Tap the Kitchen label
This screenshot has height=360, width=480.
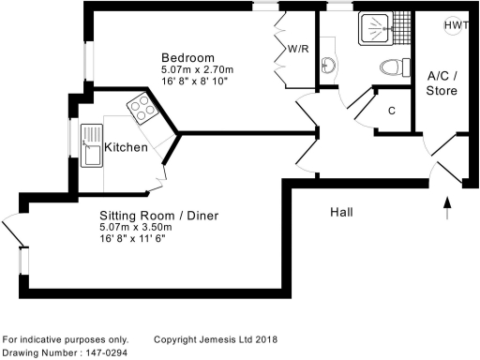coord(126,148)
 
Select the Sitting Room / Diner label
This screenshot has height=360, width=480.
coord(159,216)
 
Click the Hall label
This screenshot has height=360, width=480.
coord(342,213)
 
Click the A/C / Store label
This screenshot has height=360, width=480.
coord(442,82)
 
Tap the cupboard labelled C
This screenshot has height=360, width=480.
coord(391,109)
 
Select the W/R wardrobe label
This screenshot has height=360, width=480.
coord(299,49)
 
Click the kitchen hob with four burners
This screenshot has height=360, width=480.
coord(143,110)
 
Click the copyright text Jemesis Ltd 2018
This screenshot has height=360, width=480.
coord(217,339)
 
